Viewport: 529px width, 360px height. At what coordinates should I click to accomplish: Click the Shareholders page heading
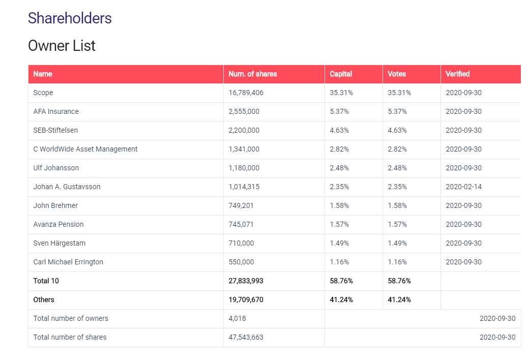coord(70,18)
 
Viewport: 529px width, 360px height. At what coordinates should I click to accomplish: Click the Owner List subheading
coord(62,46)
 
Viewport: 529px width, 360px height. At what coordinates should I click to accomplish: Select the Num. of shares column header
coord(253,74)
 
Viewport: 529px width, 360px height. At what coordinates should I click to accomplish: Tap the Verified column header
coord(457,74)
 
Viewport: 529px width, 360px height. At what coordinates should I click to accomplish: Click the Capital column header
coord(341,74)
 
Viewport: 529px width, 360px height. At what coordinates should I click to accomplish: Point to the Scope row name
coord(43,93)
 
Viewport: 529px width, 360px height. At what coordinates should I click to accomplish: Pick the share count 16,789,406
coord(246,93)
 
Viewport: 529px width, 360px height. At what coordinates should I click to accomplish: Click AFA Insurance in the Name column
coord(56,111)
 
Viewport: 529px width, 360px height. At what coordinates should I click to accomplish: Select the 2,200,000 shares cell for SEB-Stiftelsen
coord(244,130)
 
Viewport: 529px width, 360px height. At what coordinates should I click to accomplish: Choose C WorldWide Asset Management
coord(85,149)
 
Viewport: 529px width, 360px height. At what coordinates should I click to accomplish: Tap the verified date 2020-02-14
coord(463,187)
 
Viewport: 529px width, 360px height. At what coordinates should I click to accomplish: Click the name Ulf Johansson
coord(56,168)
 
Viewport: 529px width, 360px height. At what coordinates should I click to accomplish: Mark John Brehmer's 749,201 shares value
coord(241,205)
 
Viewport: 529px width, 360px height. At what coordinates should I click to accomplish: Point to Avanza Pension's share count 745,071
coord(241,224)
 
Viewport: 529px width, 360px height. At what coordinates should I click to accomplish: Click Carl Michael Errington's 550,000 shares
coord(241,262)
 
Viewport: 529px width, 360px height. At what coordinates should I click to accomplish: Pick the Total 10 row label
coord(46,281)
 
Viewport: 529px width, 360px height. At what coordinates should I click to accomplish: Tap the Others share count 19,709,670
coord(246,299)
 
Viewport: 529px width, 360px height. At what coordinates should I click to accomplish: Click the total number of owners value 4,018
coord(237,318)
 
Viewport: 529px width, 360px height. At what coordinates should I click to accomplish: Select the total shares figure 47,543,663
coord(246,337)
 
